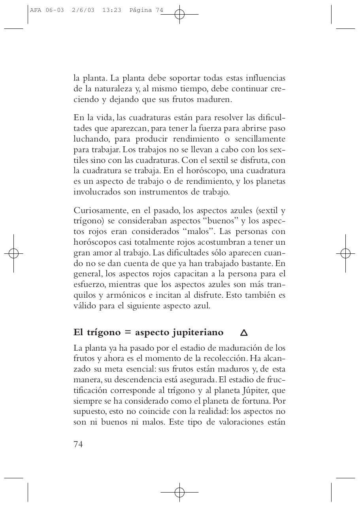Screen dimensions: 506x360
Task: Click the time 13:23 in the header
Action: pos(111,10)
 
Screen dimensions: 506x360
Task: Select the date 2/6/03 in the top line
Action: pos(83,10)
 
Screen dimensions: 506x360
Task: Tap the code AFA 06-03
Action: pos(47,10)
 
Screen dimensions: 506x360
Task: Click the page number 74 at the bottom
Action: pos(78,444)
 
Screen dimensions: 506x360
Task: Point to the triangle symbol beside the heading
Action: pos(244,333)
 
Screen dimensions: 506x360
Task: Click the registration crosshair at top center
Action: pos(179,15)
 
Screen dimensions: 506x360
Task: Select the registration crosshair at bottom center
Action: pos(179,492)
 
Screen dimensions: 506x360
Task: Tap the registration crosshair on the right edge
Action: pos(345,253)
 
